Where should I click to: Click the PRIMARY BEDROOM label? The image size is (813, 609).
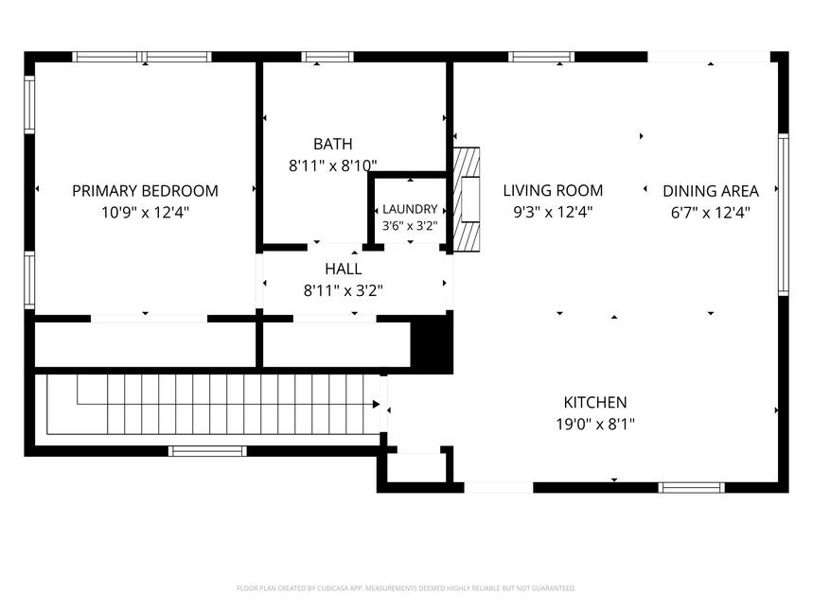pyautogui.click(x=145, y=191)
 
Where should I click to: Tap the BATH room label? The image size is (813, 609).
pyautogui.click(x=333, y=144)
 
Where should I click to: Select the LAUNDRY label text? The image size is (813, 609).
pyautogui.click(x=410, y=209)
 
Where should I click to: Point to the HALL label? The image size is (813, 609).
pyautogui.click(x=344, y=269)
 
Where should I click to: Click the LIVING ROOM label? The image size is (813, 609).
pyautogui.click(x=554, y=191)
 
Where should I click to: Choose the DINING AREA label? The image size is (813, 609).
pyautogui.click(x=711, y=191)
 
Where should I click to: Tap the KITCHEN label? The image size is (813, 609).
pyautogui.click(x=595, y=403)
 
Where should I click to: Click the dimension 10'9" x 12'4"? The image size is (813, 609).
pyautogui.click(x=145, y=213)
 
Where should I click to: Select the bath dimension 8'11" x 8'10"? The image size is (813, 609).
pyautogui.click(x=333, y=165)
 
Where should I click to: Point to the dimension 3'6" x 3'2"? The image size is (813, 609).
pyautogui.click(x=410, y=226)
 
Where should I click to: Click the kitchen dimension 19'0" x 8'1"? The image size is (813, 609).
pyautogui.click(x=595, y=425)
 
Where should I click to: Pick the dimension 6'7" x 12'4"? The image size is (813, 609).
pyautogui.click(x=711, y=213)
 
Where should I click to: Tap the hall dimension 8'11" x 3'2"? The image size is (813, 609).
pyautogui.click(x=344, y=290)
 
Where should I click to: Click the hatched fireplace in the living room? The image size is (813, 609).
pyautogui.click(x=467, y=200)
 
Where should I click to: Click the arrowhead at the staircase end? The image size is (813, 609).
pyautogui.click(x=377, y=404)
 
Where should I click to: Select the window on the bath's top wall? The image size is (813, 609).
pyautogui.click(x=327, y=57)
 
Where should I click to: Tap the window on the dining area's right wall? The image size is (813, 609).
pyautogui.click(x=784, y=215)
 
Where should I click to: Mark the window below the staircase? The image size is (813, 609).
pyautogui.click(x=207, y=451)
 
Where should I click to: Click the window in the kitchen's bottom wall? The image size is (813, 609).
pyautogui.click(x=692, y=487)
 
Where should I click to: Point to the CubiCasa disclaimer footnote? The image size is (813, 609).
pyautogui.click(x=406, y=588)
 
